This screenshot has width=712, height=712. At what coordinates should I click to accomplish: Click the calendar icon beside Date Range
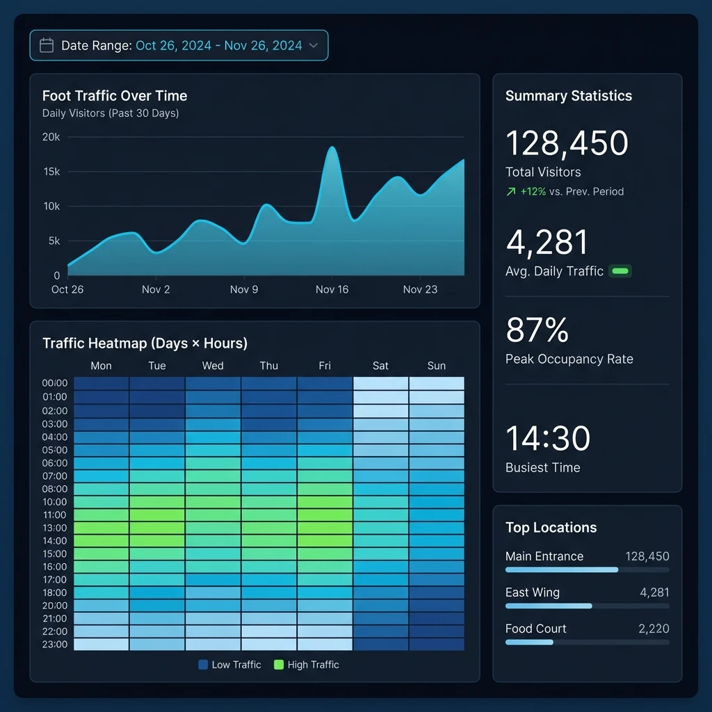(x=47, y=46)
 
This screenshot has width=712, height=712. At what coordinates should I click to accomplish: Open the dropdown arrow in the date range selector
(x=313, y=46)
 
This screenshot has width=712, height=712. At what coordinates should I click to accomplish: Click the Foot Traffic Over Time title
(x=114, y=96)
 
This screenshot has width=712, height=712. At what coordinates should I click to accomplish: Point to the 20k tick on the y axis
(x=51, y=137)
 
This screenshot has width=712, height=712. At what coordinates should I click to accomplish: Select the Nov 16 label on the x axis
(x=332, y=289)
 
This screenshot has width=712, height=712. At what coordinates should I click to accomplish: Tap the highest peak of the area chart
(x=332, y=147)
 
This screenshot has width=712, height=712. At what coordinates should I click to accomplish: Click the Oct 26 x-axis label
(x=67, y=289)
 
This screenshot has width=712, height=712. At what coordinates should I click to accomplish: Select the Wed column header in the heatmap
(x=213, y=366)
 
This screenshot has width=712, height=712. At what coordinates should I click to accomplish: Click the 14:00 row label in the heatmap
(x=55, y=541)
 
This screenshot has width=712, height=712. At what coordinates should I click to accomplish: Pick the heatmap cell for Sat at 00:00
(x=380, y=384)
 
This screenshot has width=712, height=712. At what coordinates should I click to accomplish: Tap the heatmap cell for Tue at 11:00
(x=157, y=515)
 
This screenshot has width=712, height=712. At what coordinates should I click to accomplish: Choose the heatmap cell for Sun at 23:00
(x=436, y=644)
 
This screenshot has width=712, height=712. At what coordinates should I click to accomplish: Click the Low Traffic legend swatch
(x=203, y=665)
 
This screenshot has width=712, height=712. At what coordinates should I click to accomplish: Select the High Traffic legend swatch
(x=279, y=665)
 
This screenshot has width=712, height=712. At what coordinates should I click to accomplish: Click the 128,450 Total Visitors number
(x=567, y=143)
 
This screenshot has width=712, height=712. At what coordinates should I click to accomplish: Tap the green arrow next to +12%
(x=511, y=192)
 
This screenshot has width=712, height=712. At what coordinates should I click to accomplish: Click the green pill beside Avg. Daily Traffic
(x=620, y=271)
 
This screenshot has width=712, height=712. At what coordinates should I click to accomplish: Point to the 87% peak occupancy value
(x=537, y=330)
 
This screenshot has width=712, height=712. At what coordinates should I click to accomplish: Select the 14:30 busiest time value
(x=548, y=439)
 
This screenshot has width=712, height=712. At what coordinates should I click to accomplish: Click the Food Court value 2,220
(x=654, y=629)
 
